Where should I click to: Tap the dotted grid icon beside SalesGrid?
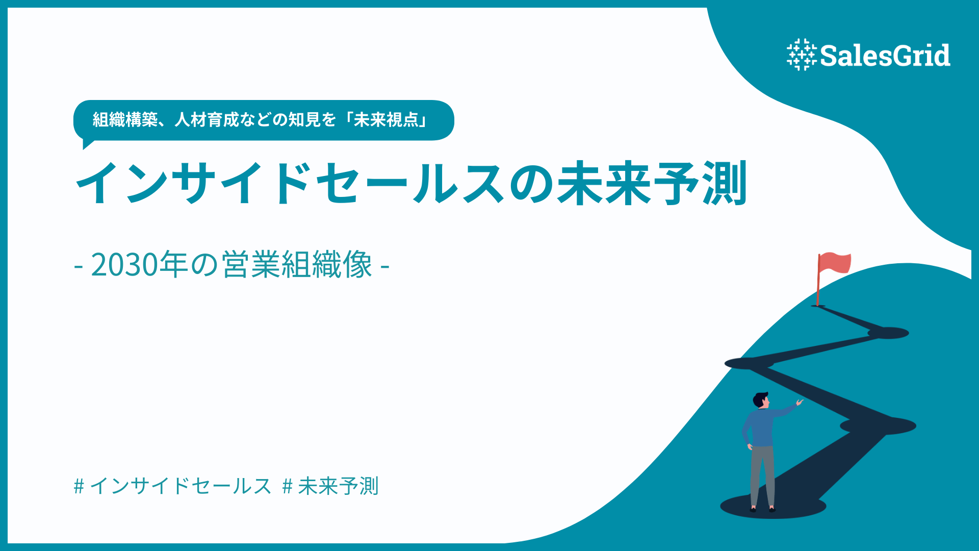click(x=801, y=55)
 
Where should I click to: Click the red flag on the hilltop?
click(x=835, y=263)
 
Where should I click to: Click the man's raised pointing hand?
click(x=799, y=403)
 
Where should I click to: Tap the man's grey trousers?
click(x=762, y=474)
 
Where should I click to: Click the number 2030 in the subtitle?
click(x=124, y=265)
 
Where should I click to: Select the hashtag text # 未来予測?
click(x=330, y=486)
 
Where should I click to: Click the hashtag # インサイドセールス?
click(x=172, y=486)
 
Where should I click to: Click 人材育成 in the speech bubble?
click(x=207, y=120)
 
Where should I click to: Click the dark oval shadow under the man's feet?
click(x=772, y=507)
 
